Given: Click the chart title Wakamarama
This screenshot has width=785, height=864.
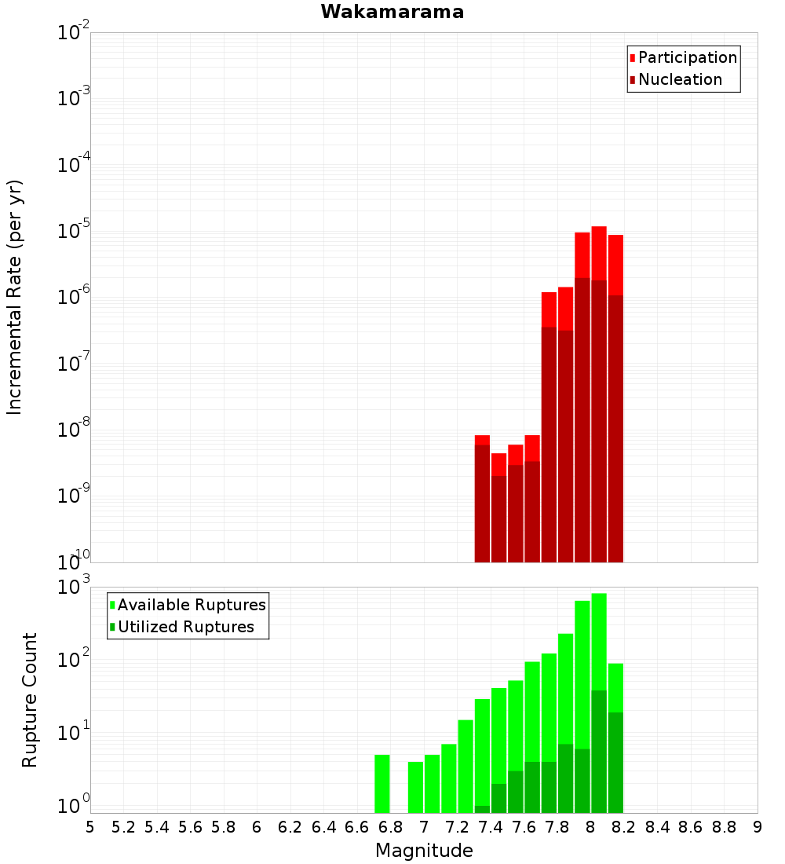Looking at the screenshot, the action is click(x=392, y=12).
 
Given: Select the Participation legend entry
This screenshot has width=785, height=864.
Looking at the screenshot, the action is click(x=683, y=57).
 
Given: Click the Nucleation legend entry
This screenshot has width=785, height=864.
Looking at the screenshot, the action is click(x=676, y=79).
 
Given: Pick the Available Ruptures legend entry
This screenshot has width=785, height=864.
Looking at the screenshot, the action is click(x=188, y=605).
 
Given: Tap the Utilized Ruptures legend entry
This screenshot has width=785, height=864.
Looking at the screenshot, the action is click(x=182, y=627).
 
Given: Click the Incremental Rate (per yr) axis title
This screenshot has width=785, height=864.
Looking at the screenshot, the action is click(x=14, y=297).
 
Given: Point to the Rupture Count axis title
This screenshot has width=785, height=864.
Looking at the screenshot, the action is click(x=29, y=700).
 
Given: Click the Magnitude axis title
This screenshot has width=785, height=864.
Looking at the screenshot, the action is click(x=424, y=850).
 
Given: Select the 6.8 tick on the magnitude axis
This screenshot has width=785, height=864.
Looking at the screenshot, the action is click(x=390, y=827).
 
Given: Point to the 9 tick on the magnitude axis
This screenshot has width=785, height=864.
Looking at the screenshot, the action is click(x=758, y=827).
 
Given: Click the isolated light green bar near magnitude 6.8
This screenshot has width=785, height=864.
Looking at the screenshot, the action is click(x=382, y=784).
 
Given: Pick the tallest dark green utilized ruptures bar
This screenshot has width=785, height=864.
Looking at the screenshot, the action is click(x=599, y=752).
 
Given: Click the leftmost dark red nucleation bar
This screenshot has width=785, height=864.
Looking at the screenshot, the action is click(x=482, y=503).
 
